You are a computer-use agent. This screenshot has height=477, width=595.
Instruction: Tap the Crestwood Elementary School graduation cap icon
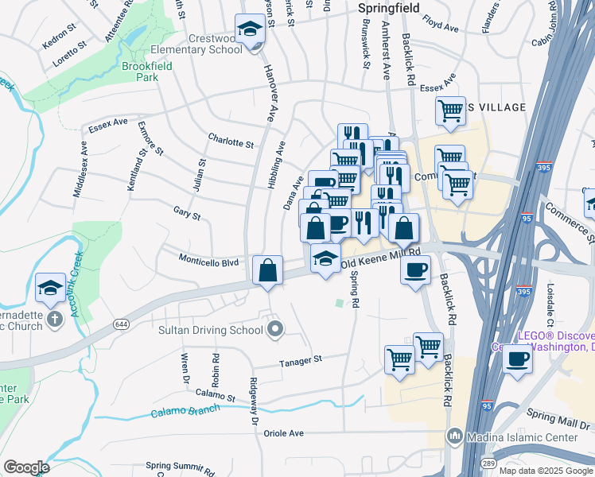251,29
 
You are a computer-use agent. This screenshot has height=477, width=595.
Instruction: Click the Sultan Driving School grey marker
275,329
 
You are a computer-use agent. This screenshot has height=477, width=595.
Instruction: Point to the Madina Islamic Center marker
454,435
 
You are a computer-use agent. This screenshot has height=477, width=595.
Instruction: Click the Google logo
26,467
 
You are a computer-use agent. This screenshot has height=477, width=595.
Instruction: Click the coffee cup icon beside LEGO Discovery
517,359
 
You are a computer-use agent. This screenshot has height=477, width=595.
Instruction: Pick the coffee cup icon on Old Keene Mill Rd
415,270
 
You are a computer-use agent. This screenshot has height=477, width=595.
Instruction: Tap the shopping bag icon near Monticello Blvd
267,270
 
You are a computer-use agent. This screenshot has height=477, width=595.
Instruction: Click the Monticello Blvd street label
208,261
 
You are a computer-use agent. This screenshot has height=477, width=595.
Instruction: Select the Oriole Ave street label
285,433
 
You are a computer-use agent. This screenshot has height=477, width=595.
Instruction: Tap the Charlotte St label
231,143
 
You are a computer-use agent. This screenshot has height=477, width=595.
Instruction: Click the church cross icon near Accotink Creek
53,319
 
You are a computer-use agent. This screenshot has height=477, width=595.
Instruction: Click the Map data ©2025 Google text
546,471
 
